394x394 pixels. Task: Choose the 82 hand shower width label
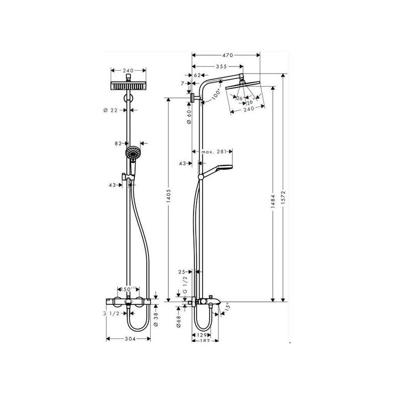tap(119, 143)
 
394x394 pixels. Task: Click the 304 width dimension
tap(128, 339)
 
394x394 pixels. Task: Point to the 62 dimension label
tap(197, 75)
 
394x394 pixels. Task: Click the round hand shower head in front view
tap(132, 155)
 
